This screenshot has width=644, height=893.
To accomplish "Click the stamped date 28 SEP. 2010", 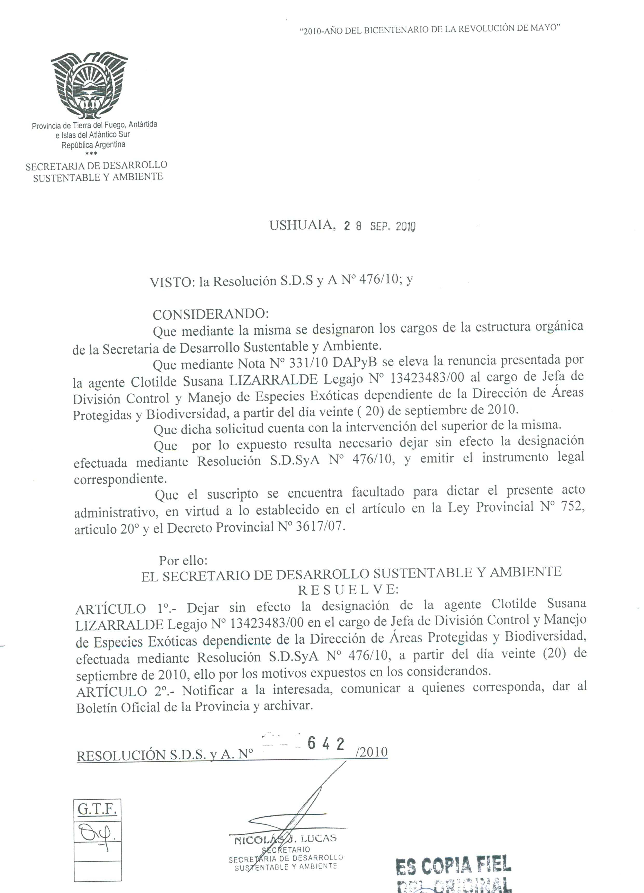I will point(379,226).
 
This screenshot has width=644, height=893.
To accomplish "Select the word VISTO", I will point(170,282).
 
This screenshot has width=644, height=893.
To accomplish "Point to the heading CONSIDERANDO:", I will point(211,314).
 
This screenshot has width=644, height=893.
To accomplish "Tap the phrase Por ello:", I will point(183,560).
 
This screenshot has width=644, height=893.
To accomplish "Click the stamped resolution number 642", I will point(326,742).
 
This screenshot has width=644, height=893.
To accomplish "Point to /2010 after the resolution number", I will point(371,752).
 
